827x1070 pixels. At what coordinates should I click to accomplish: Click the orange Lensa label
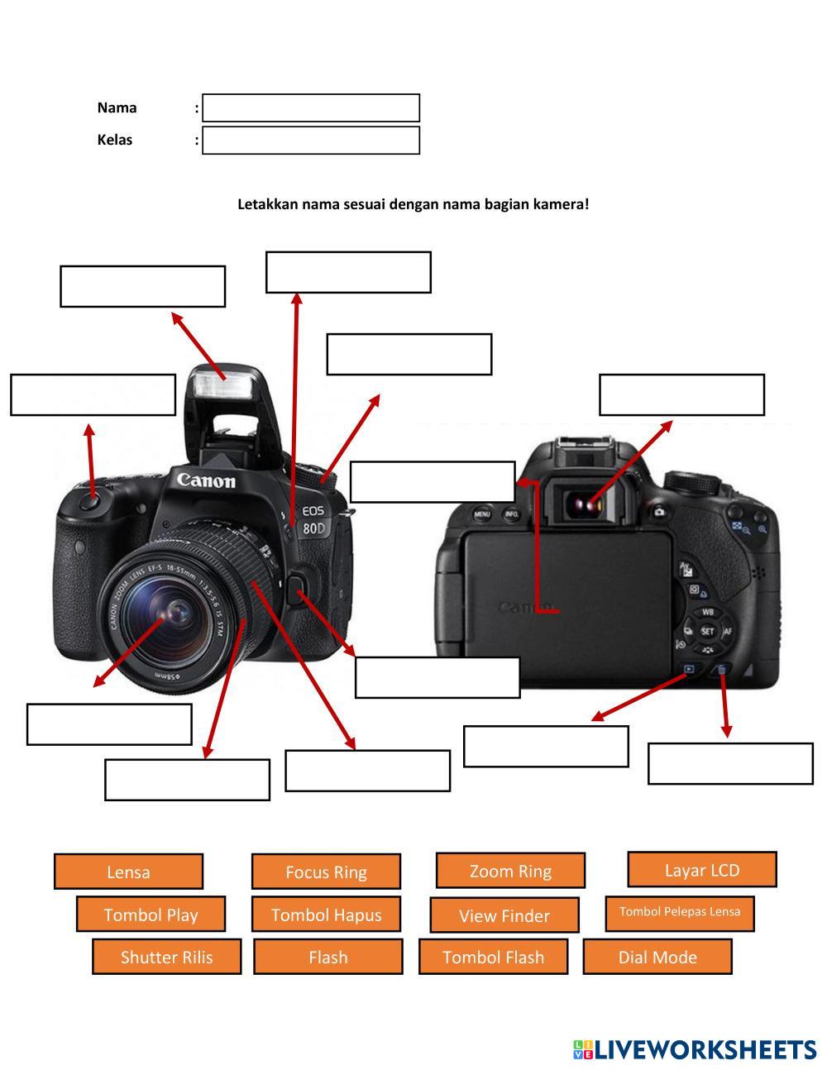[128, 872]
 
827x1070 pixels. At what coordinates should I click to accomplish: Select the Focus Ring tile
[326, 872]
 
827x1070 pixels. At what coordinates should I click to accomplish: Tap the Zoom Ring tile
[510, 871]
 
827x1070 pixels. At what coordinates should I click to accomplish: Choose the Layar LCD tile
[702, 869]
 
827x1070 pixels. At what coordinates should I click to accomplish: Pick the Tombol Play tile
[151, 915]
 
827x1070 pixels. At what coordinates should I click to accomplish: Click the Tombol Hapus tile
[326, 915]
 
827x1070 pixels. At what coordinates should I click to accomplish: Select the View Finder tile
[504, 915]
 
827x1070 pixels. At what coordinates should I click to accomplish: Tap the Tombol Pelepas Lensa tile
[680, 912]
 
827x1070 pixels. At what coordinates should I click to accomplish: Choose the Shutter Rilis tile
[166, 957]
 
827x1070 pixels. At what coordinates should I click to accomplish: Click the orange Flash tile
[327, 957]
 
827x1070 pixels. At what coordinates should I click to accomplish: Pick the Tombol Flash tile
[493, 957]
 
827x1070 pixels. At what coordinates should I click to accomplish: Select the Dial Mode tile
[657, 957]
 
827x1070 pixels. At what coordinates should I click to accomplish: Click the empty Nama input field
[311, 108]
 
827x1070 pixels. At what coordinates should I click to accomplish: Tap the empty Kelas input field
[311, 141]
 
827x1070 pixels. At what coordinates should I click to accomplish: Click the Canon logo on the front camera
[206, 480]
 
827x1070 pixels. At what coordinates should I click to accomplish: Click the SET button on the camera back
[707, 631]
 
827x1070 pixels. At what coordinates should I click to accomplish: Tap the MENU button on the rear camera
[482, 514]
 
